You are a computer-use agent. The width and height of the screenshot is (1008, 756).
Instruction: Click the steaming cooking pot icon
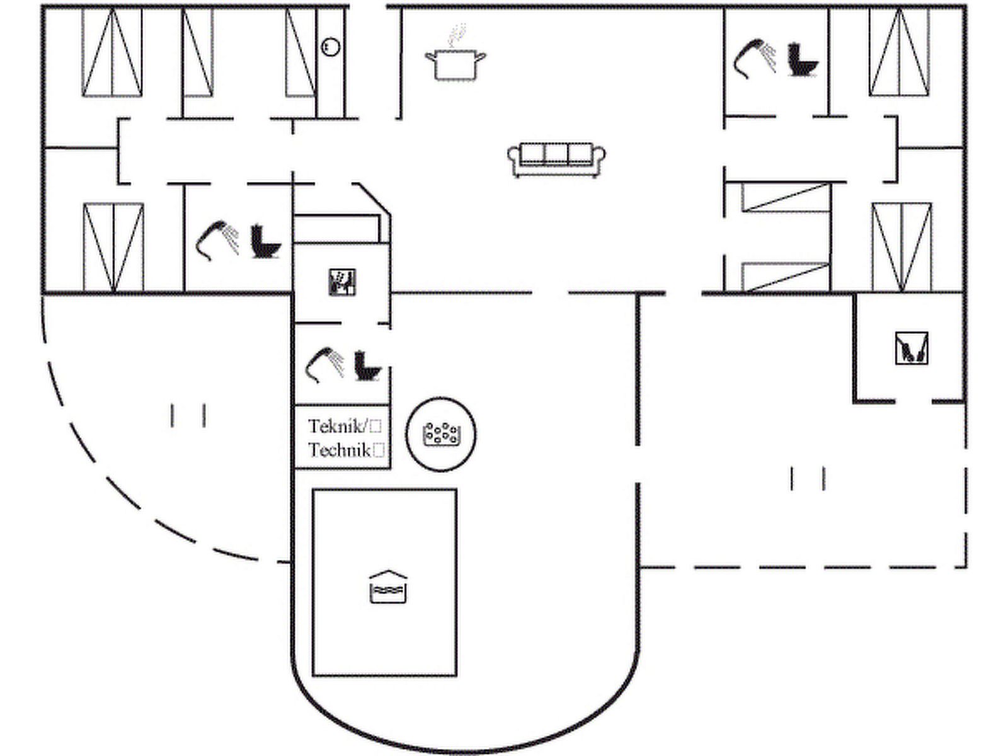coord(455,63)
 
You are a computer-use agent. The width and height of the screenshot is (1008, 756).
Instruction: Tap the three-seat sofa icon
coord(556,159)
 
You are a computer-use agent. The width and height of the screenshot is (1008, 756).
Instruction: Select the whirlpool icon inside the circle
coord(440,433)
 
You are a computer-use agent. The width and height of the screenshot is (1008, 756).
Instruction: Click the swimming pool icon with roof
coord(387,587)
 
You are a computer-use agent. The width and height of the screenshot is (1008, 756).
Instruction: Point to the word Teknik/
coord(338,427)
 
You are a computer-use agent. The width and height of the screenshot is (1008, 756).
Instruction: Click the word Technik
coord(339,450)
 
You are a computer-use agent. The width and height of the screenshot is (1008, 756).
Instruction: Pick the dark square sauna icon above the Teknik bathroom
coord(343,282)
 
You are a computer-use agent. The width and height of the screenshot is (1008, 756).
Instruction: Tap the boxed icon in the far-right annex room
coord(911,348)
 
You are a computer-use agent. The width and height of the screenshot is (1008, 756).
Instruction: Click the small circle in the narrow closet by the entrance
coord(329,47)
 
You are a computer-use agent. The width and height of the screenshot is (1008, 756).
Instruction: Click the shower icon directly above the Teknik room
coord(324,364)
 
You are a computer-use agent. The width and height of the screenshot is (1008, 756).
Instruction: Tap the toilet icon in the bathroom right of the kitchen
coord(803,60)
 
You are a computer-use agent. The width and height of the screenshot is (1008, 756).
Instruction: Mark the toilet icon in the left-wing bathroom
coord(265,241)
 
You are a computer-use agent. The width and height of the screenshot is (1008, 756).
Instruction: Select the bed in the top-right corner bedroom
coord(899,52)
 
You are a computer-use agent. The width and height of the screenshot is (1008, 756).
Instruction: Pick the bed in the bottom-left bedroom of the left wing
coord(113,247)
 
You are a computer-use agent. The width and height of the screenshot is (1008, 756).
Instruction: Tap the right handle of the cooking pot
coord(481,58)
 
